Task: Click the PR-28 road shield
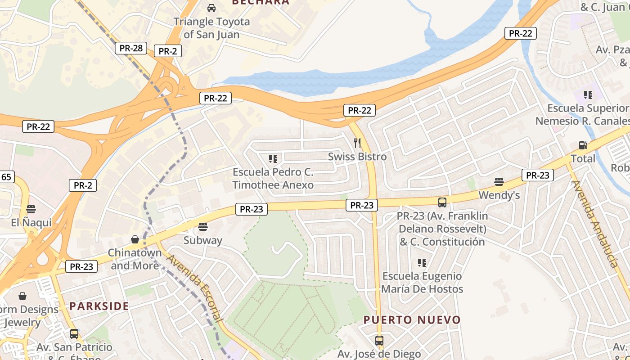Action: coord(131,48)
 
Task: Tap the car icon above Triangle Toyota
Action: coord(211,8)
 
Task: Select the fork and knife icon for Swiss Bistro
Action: coord(357,143)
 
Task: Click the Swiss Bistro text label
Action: coord(357,157)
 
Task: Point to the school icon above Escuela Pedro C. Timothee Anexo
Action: coord(273,158)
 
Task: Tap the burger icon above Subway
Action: coord(203,227)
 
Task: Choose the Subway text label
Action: coord(203,240)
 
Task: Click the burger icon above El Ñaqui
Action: coord(31,209)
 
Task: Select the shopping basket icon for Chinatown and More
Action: coord(135,239)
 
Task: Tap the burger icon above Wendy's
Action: coord(499,182)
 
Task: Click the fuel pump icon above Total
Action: coord(583,145)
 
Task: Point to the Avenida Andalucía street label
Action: coord(594,224)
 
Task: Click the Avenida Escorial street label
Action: coord(194,288)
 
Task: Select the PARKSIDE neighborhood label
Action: coord(99,306)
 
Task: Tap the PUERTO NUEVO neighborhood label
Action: coord(412,320)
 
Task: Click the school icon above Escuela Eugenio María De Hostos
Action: coord(422,262)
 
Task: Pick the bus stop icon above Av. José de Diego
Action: coord(379,341)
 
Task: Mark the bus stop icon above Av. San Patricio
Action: coord(74,334)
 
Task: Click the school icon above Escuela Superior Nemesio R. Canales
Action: coord(588,94)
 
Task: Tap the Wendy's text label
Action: coord(499,195)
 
